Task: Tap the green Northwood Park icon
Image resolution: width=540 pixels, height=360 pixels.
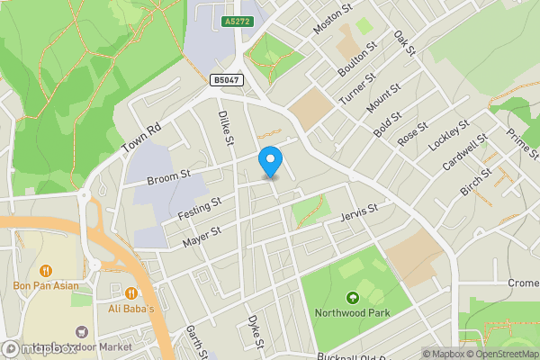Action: click(x=351, y=297)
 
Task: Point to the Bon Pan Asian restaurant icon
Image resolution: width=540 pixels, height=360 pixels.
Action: click(x=45, y=270)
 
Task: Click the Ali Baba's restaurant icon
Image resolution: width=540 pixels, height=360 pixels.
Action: click(x=132, y=292)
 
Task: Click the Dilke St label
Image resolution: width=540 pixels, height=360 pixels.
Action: click(x=226, y=129)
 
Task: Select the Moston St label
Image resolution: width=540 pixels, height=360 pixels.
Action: click(x=330, y=18)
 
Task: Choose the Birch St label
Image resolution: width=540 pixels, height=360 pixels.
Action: click(x=476, y=180)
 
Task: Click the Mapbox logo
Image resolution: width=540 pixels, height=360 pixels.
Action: click(x=38, y=348)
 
